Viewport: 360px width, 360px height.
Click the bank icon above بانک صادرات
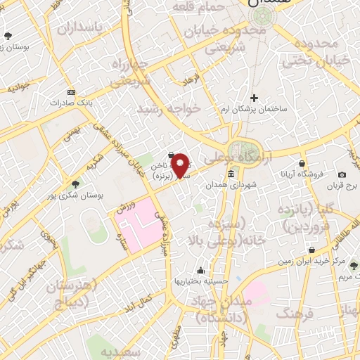(70, 92)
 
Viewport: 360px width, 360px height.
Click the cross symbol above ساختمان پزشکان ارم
(255, 98)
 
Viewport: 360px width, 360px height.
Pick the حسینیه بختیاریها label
(202, 280)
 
